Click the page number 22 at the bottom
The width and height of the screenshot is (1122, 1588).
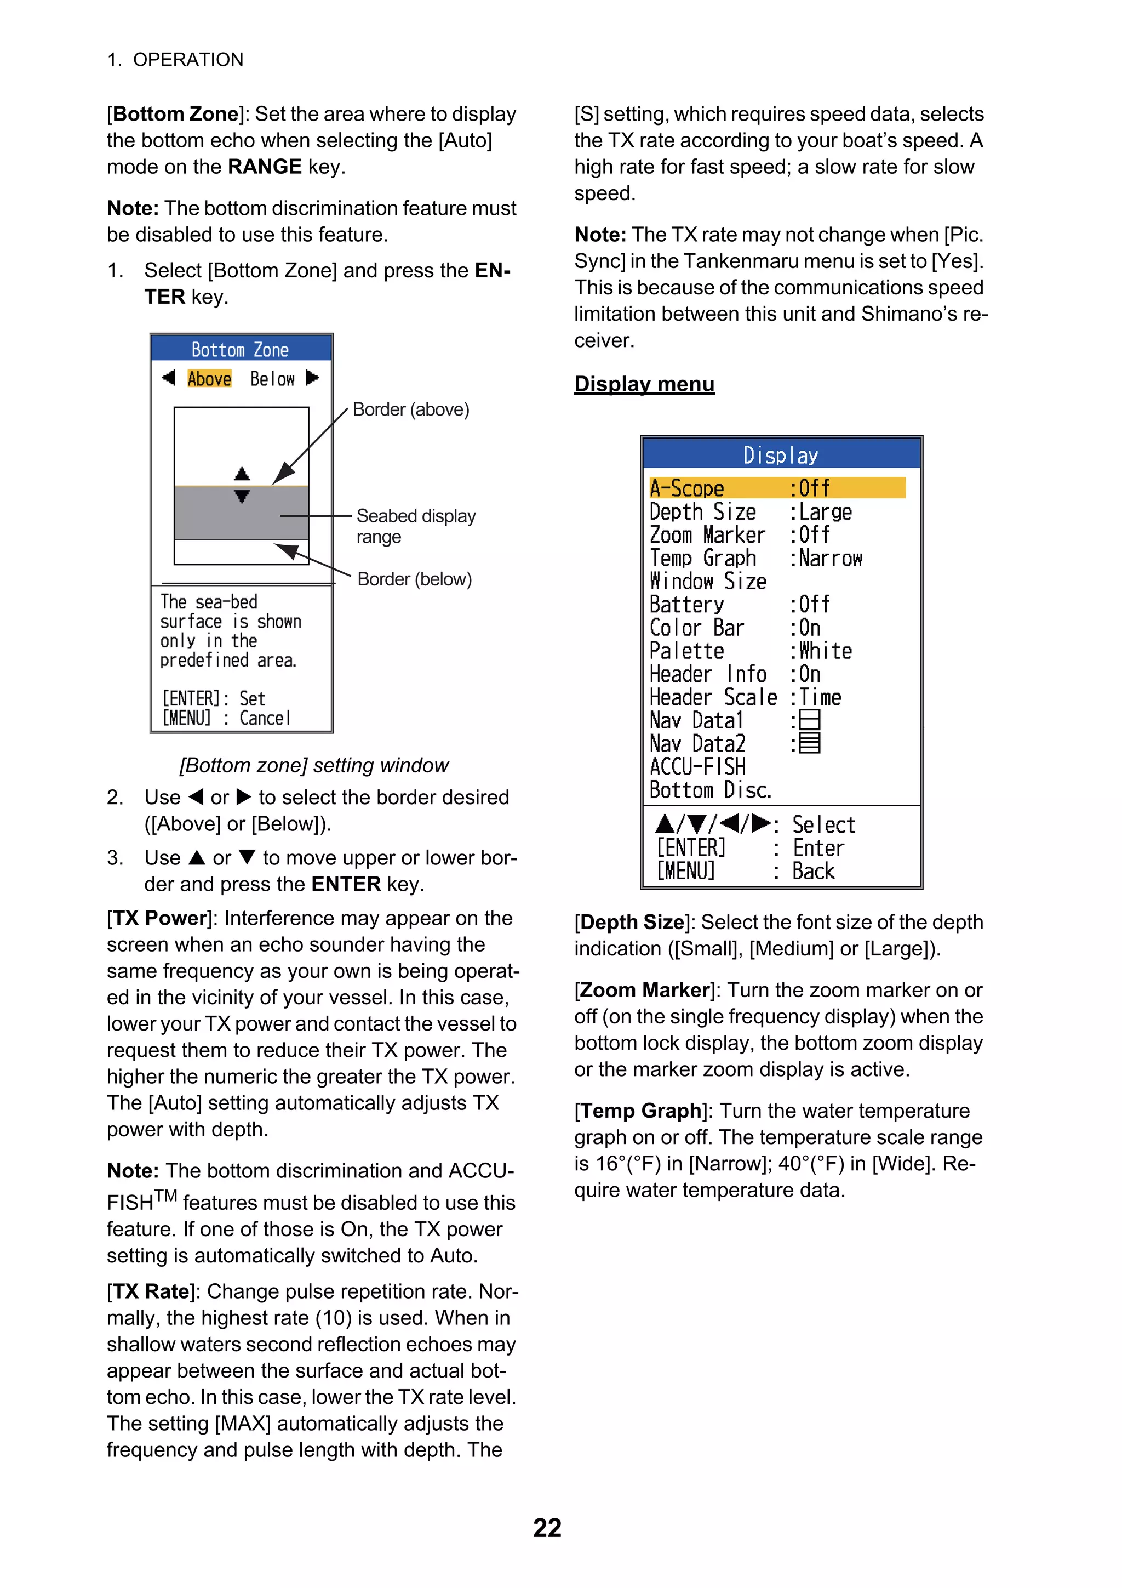click(547, 1527)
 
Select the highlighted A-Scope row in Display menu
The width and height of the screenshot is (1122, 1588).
click(776, 488)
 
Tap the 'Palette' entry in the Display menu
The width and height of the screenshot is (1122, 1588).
click(686, 651)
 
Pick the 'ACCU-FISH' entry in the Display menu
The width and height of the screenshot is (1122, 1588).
click(697, 766)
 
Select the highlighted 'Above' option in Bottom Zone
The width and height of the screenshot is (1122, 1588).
click(209, 378)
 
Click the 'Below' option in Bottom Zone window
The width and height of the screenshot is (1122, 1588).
click(272, 378)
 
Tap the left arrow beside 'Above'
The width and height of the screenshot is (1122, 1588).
click(168, 378)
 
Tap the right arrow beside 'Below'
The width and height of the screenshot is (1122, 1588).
click(312, 378)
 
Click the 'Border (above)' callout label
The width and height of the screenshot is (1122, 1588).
click(411, 409)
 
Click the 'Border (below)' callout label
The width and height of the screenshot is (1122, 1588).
click(414, 579)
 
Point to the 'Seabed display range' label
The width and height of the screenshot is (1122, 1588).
click(415, 526)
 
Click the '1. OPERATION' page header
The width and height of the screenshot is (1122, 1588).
click(175, 60)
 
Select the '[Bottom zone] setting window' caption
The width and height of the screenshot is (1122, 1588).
click(314, 765)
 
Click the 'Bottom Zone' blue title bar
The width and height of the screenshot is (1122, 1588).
click(241, 349)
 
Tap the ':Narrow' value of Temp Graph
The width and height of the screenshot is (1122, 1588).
click(829, 558)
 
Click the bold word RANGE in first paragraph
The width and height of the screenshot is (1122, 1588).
click(264, 167)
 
